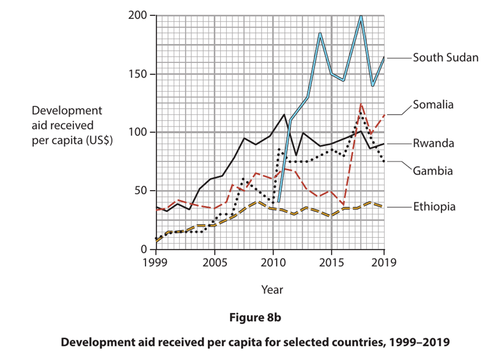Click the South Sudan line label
pyautogui.click(x=445, y=57)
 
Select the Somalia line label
pyautogui.click(x=433, y=105)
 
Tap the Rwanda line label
pyautogui.click(x=433, y=144)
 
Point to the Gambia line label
pyautogui.click(x=432, y=171)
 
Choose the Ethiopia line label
pyautogui.click(x=434, y=207)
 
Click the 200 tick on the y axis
pyautogui.click(x=138, y=16)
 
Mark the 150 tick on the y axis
pyautogui.click(x=138, y=74)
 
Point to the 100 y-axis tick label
pyautogui.click(x=138, y=133)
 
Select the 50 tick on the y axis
pyautogui.click(x=141, y=191)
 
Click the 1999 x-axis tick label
pyautogui.click(x=156, y=263)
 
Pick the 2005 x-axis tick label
pyautogui.click(x=214, y=263)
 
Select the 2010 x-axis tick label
pyautogui.click(x=273, y=263)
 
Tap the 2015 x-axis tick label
pyautogui.click(x=331, y=263)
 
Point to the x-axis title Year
pyautogui.click(x=272, y=289)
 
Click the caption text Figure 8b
pyautogui.click(x=255, y=317)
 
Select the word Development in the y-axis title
pyautogui.click(x=67, y=111)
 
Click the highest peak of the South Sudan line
pyautogui.click(x=361, y=17)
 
